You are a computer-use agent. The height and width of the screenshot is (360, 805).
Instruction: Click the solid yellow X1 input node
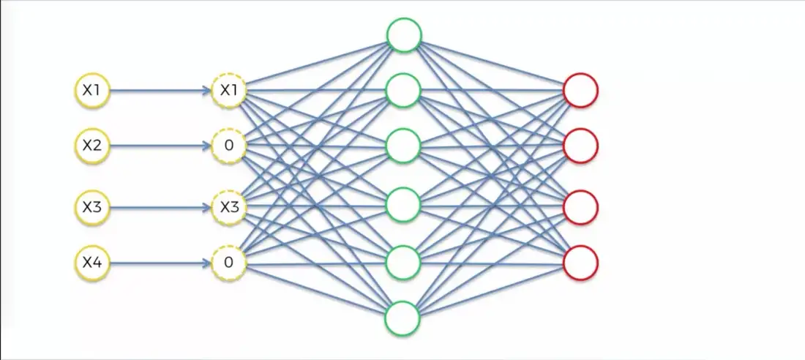tap(91, 91)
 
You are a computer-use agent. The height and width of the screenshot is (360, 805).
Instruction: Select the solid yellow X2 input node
tap(91, 146)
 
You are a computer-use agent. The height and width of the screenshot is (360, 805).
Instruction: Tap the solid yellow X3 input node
tap(91, 207)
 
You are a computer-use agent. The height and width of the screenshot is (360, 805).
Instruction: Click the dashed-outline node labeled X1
tap(229, 91)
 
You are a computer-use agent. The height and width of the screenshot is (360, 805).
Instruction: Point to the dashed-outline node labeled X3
tap(229, 207)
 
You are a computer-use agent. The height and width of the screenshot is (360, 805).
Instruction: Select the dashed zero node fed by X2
tap(229, 146)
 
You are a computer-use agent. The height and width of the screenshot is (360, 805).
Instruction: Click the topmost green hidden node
tap(404, 35)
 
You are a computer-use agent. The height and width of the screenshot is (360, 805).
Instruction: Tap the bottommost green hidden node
tap(402, 318)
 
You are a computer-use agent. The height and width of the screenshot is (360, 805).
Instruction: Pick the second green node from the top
tap(402, 91)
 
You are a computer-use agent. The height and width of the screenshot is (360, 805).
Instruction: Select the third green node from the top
tap(402, 146)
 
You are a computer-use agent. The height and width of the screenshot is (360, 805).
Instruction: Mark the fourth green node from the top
tap(402, 205)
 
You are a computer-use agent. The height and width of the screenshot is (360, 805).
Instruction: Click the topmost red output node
tap(581, 91)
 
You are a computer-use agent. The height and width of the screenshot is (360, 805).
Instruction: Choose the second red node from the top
tap(581, 146)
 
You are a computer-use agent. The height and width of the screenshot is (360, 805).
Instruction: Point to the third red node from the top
tap(581, 207)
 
